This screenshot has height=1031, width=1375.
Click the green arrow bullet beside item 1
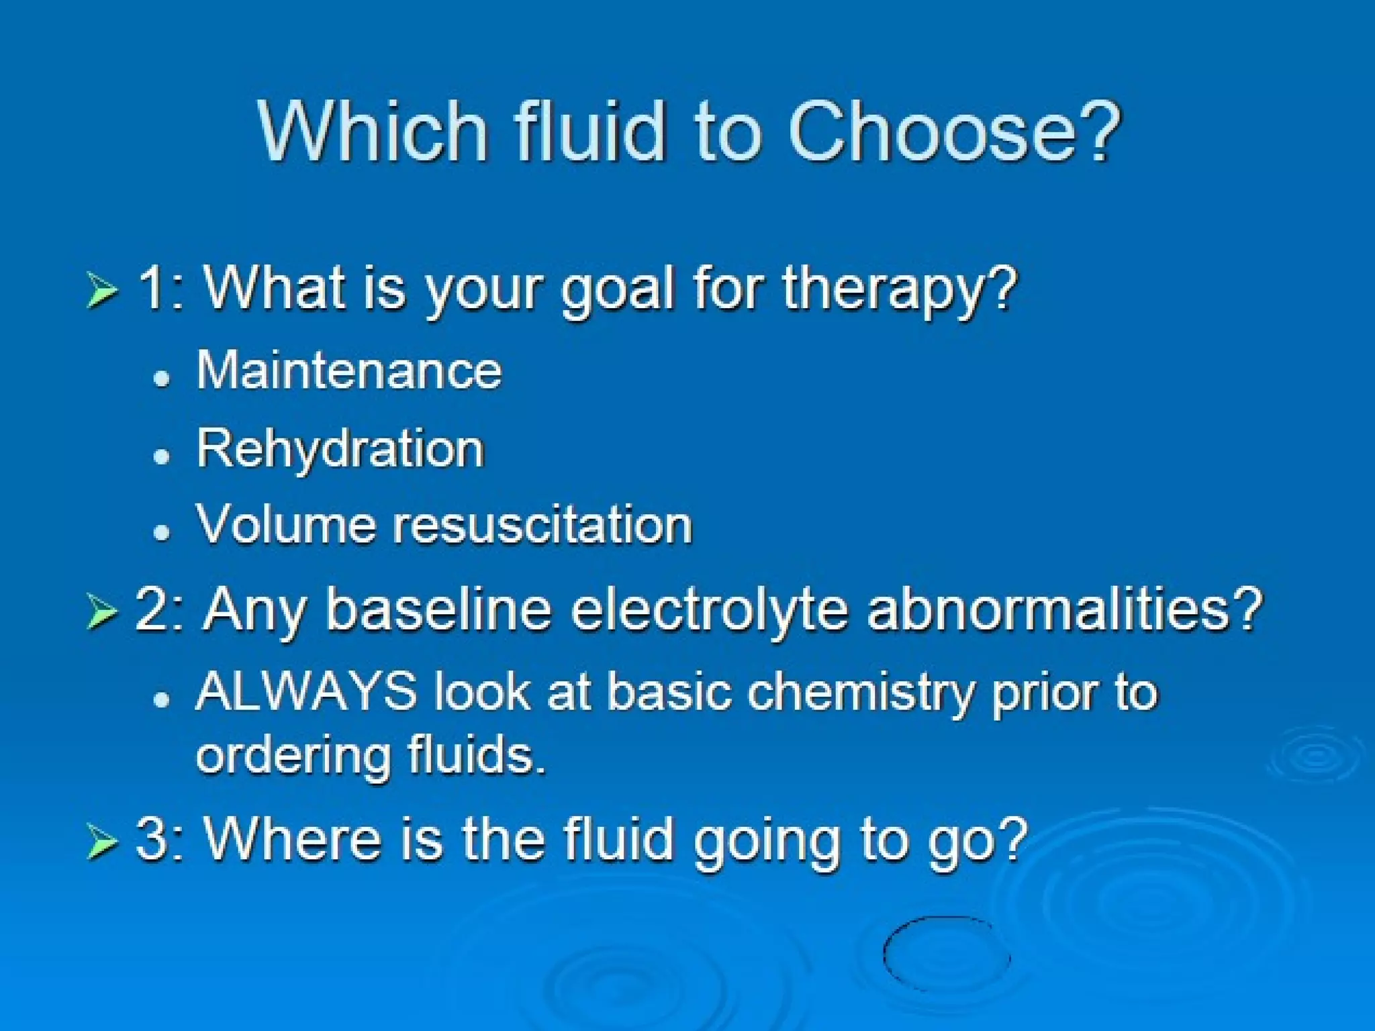tap(102, 291)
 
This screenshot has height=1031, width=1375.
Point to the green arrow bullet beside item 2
tap(102, 612)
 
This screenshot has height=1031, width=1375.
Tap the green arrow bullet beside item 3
tap(102, 842)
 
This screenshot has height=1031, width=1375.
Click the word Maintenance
tap(349, 371)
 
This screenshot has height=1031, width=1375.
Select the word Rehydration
tap(340, 448)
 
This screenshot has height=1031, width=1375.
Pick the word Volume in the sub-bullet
tap(285, 525)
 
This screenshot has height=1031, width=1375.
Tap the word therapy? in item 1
tap(900, 290)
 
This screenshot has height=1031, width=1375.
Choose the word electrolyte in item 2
tap(710, 611)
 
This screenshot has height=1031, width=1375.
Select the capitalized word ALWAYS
tap(306, 691)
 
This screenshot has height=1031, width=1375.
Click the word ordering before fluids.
tap(293, 756)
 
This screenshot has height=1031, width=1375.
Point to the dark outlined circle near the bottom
tap(947, 953)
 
